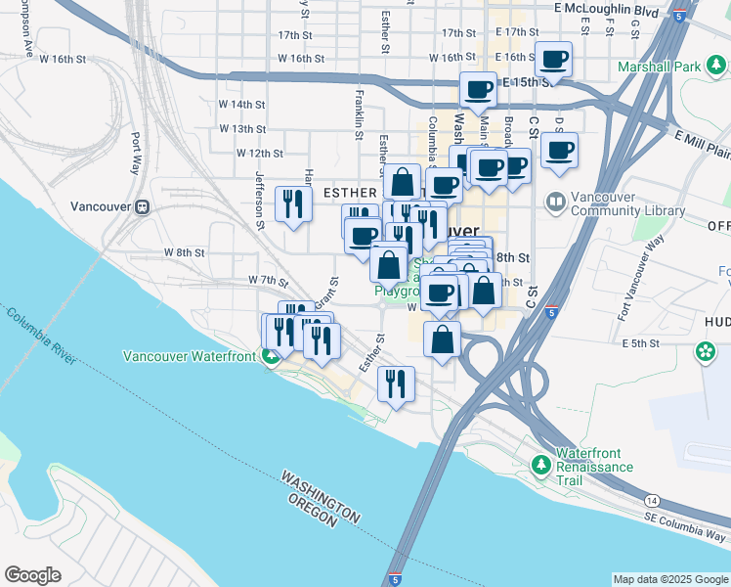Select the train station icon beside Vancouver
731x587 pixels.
(x=143, y=206)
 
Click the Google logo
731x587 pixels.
(x=33, y=574)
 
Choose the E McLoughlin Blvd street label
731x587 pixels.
(x=606, y=8)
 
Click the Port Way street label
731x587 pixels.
(x=135, y=153)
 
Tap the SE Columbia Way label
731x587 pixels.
(x=685, y=525)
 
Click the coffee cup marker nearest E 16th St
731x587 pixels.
(x=554, y=60)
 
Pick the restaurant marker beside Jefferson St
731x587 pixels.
(x=292, y=203)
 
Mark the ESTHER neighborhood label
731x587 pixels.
(x=343, y=194)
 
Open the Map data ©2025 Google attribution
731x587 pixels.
(x=669, y=579)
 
